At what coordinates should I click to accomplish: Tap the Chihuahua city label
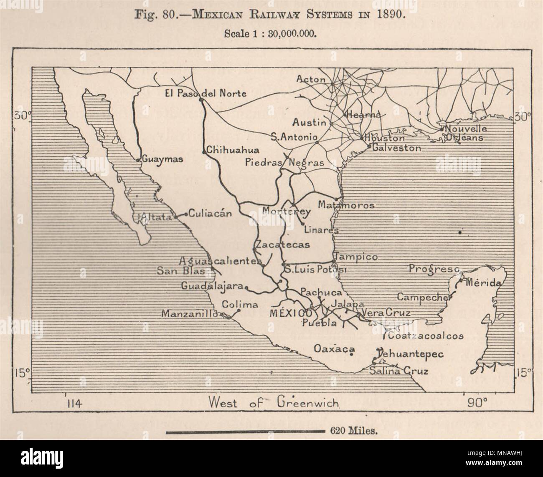click(x=233, y=150)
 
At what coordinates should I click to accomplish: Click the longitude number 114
click(x=74, y=403)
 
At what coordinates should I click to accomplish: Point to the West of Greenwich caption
click(x=274, y=402)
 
